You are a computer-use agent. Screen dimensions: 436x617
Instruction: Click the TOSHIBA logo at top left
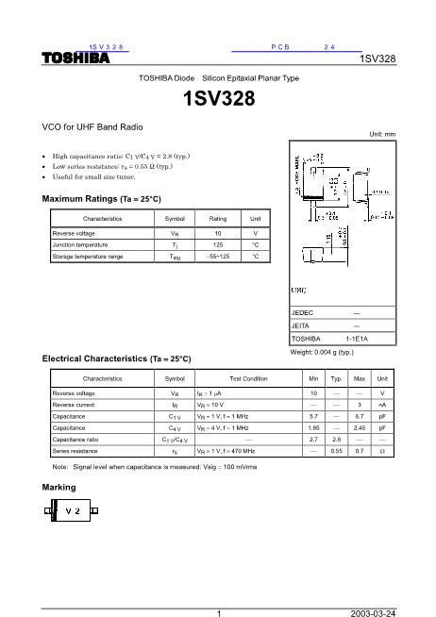(x=76, y=58)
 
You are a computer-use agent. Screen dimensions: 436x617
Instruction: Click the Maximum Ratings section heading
(x=102, y=200)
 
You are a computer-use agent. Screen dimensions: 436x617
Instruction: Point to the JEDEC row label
(x=305, y=311)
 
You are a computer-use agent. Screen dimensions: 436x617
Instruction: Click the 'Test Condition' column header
(x=249, y=378)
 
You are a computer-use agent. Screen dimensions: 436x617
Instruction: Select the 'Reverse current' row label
(x=75, y=403)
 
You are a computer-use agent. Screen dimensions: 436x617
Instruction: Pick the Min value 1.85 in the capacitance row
(x=312, y=427)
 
